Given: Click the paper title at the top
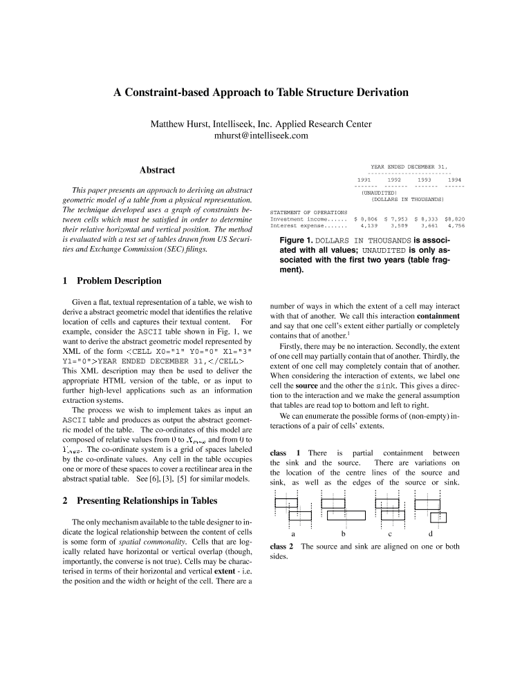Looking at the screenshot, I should coord(261,92).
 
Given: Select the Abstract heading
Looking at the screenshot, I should coord(157,170).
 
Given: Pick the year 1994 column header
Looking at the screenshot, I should coord(454,180).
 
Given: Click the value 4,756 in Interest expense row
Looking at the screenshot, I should coord(456,225).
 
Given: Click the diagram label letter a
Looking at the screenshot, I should coord(293,534).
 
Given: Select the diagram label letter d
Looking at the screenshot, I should coord(431,534).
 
